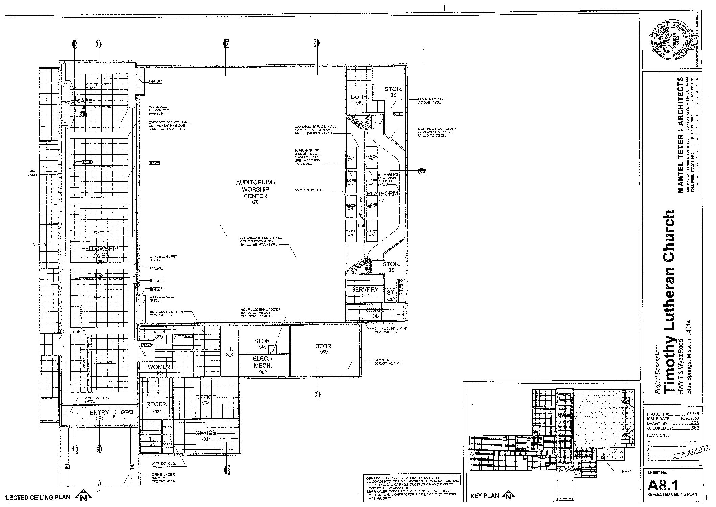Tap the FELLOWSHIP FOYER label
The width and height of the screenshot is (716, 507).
coord(100,252)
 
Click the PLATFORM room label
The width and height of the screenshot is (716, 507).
coord(382,194)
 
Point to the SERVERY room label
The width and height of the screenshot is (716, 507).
coord(364,289)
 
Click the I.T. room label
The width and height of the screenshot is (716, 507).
coord(230,349)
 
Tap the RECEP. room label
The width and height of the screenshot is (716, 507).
coord(157,404)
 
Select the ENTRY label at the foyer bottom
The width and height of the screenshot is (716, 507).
coord(99,413)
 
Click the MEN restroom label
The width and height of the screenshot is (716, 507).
coord(159,331)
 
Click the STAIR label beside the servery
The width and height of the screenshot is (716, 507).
coord(401,288)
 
